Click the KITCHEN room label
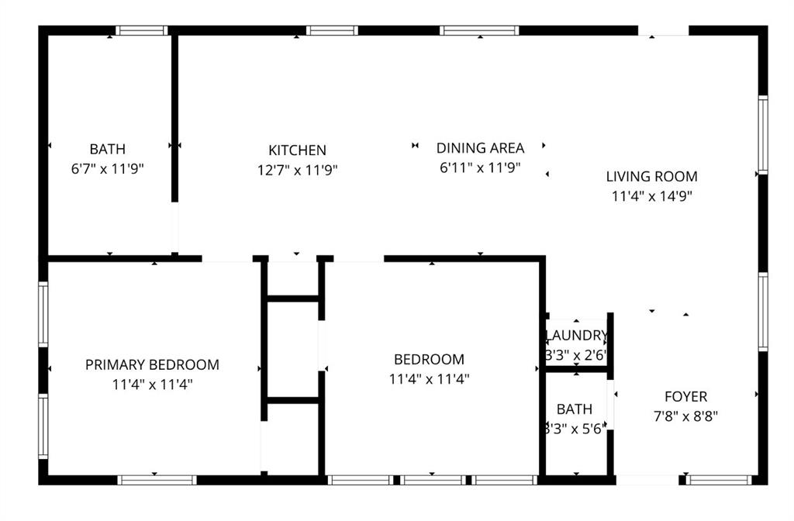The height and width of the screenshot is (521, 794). point(297,150)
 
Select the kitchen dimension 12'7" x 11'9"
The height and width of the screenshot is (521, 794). point(297,169)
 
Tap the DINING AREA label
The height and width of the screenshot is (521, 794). point(480,147)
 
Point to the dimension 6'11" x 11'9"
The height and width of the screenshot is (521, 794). point(480,167)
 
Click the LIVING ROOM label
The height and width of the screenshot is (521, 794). point(651,176)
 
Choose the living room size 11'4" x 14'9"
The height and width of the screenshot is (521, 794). point(651,196)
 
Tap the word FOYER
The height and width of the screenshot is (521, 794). point(685,397)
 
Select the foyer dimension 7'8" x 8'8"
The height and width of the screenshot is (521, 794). point(685,416)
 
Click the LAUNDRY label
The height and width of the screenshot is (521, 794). point(577,336)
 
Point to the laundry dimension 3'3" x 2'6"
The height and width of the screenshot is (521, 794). point(577,355)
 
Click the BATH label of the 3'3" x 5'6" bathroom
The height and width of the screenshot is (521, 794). point(575,409)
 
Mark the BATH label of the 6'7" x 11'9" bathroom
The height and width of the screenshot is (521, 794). point(107,149)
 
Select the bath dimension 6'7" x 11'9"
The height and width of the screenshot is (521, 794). point(107,168)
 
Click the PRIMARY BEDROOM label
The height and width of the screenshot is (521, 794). point(152,364)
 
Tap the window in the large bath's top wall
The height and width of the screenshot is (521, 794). point(142,31)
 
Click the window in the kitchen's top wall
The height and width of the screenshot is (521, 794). point(332,31)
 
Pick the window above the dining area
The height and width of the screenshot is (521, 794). point(479,31)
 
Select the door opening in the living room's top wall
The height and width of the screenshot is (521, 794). point(663,31)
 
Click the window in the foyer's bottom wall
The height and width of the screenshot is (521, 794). point(720,480)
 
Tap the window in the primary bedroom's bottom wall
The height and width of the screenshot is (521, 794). point(157,480)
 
